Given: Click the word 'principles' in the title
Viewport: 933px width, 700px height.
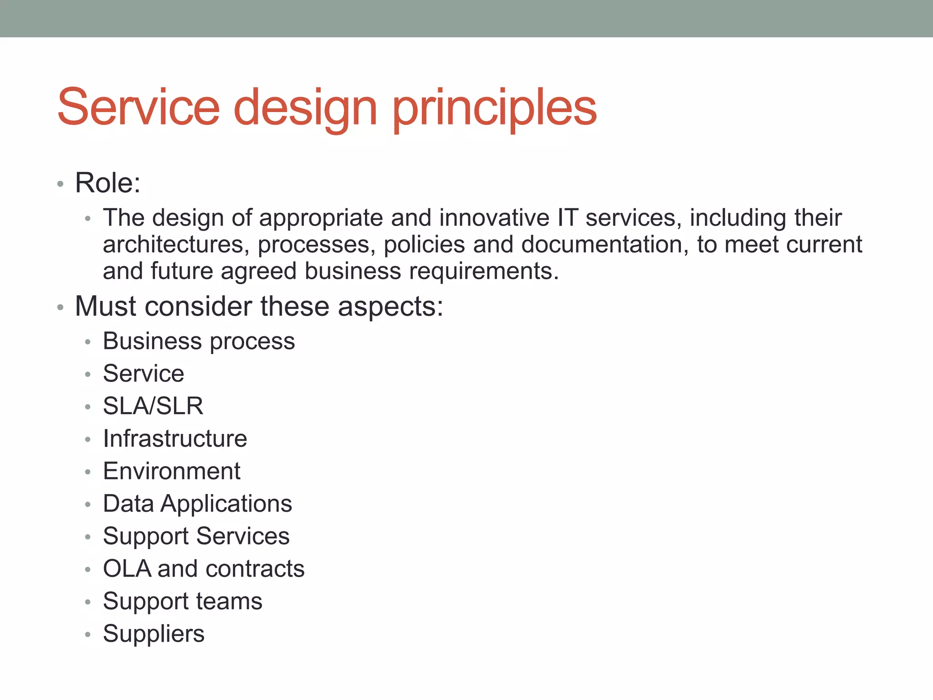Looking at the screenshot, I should (x=494, y=108).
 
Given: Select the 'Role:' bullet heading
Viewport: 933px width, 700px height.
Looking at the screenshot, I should (x=108, y=183).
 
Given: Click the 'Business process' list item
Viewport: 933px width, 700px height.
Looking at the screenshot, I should (x=199, y=341).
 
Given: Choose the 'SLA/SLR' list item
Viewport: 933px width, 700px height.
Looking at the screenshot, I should (x=153, y=406).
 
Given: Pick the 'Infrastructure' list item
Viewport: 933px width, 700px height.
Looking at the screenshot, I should (x=175, y=439).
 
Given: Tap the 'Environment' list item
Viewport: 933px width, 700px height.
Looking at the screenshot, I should (x=172, y=471).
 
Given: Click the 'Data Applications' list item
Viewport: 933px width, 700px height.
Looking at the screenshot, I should (x=197, y=504).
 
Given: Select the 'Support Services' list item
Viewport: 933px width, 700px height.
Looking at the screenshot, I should (x=196, y=536).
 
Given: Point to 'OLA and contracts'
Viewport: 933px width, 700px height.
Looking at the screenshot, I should (x=204, y=569).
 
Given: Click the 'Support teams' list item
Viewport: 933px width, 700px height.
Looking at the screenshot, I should (x=182, y=602).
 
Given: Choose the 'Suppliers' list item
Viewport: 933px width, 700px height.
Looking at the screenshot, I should (x=154, y=634).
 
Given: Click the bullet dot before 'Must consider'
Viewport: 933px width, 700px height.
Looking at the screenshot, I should (x=60, y=308).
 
